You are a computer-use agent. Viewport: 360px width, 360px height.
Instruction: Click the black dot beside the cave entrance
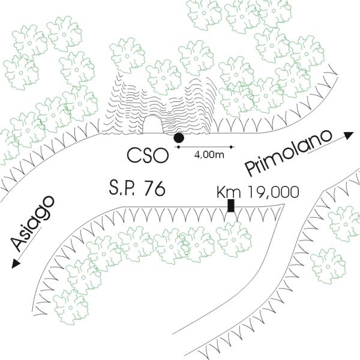coord(178,138)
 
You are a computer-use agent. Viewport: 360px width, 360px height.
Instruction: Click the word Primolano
coord(289,149)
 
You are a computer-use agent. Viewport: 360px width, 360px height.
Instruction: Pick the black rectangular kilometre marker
coord(230,205)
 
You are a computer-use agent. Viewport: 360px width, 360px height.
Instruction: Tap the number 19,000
coord(270,193)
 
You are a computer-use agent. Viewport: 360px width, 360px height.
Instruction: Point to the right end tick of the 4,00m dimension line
coord(233,145)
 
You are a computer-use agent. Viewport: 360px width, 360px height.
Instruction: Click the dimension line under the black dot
coord(207,145)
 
